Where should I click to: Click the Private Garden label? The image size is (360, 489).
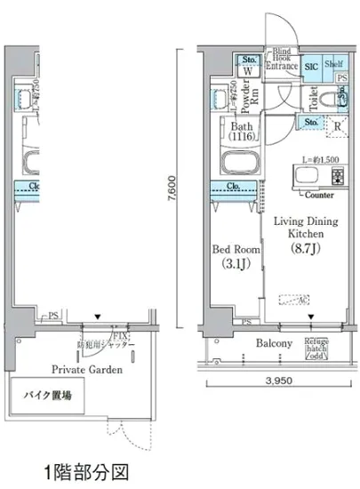pos(86,369)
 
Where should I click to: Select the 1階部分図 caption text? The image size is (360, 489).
pos(85,469)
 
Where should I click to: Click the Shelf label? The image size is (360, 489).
pos(333,64)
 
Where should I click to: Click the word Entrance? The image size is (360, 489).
pos(284,66)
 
